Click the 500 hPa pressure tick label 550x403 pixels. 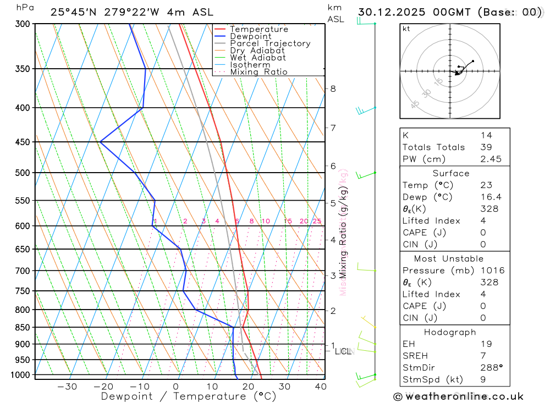[22, 173]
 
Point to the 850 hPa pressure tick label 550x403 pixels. [22, 328]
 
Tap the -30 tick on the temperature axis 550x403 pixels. [67, 387]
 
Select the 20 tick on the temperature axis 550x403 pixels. [248, 387]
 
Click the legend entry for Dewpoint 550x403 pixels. [250, 36]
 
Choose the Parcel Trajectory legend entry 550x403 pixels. [270, 43]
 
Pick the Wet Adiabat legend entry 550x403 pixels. [258, 58]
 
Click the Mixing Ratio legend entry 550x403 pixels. [258, 72]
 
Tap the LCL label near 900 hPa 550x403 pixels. [343, 351]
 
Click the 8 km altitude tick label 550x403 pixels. [333, 89]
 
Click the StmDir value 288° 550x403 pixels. [489, 368]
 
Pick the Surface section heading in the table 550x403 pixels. [451, 173]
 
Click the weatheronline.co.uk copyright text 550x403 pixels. [458, 396]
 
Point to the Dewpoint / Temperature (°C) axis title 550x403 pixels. [189, 396]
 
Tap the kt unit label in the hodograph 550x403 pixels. [406, 29]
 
